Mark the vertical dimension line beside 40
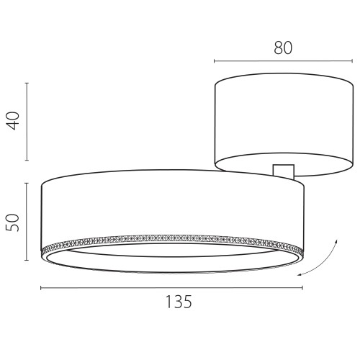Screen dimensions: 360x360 coord(27,122)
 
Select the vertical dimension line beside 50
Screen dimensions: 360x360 coord(27,221)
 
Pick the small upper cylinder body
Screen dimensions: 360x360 coord(277,130)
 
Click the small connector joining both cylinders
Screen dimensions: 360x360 coord(284,171)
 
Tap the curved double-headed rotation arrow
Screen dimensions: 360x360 coord(322,259)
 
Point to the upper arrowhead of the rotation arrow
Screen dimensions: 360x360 coord(335,237)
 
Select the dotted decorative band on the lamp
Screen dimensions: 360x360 coord(173,238)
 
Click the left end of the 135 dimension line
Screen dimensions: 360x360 coord(41,288)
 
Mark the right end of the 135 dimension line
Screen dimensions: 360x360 coord(302,288)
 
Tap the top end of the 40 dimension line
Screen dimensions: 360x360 coord(27,83)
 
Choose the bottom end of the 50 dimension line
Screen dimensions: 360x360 coord(27,260)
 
